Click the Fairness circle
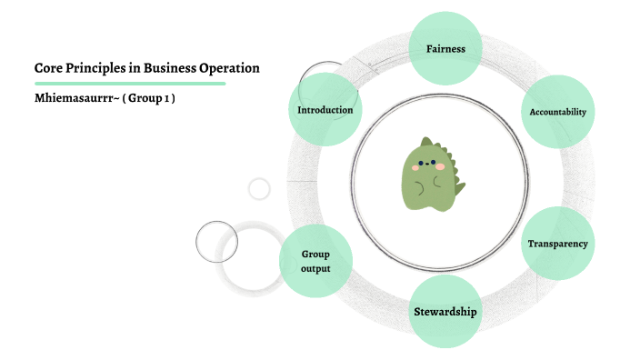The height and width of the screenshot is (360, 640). click(445, 48)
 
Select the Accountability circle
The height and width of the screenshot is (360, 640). click(557, 112)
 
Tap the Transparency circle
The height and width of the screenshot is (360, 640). click(557, 244)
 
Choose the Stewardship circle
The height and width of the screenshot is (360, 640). click(445, 312)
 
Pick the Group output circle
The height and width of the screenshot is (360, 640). click(315, 262)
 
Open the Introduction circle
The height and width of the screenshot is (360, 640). click(325, 110)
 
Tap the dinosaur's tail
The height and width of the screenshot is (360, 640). click(459, 189)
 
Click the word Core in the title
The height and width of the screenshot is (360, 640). click(48, 68)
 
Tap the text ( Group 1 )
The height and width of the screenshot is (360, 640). click(148, 98)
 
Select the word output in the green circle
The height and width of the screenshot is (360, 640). click(315, 269)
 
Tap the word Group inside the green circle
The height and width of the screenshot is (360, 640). click(315, 255)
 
